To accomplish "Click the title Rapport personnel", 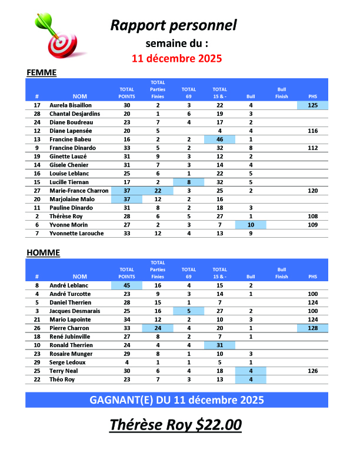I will click(x=174, y=25).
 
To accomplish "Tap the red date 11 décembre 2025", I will click(x=176, y=58).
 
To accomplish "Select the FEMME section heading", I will click(x=41, y=72).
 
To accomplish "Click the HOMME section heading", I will click(x=43, y=253).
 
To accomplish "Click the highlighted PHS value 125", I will click(x=312, y=105).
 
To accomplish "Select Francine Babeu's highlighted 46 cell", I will click(x=219, y=139).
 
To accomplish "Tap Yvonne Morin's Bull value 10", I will click(x=251, y=225).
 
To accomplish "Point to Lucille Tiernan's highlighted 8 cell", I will click(x=189, y=182).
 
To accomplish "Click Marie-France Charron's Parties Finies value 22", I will click(x=158, y=191).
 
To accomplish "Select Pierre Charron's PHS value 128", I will click(x=312, y=328).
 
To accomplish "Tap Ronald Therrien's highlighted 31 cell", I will click(x=219, y=345).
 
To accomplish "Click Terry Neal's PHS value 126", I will click(x=312, y=371).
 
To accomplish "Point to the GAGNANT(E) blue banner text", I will click(x=176, y=400).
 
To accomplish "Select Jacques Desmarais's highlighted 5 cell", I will click(x=189, y=311).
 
